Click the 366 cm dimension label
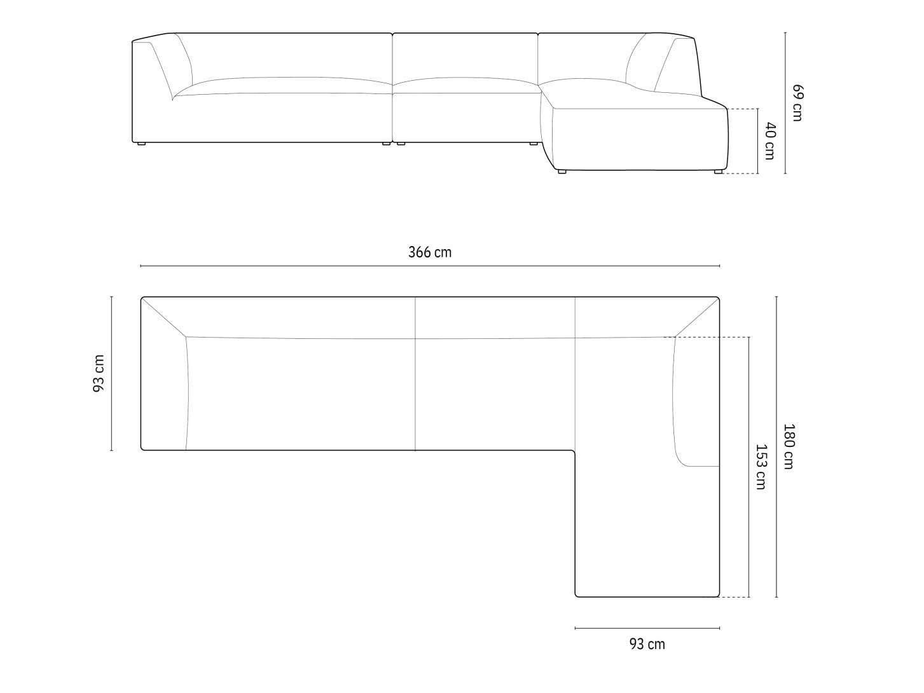[x=429, y=252]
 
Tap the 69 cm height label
[x=797, y=103]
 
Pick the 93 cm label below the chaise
[x=647, y=644]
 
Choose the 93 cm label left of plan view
[x=99, y=374]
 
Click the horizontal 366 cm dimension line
[x=430, y=266]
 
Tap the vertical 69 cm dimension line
[x=785, y=103]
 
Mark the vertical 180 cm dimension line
[x=776, y=446]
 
